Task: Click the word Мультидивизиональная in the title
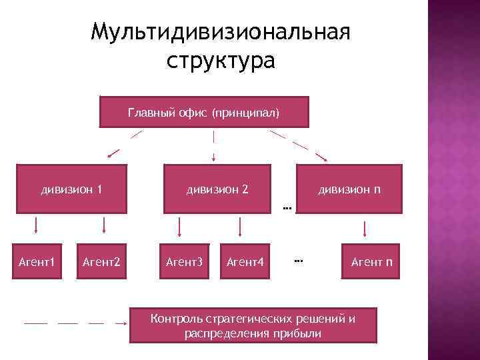221,32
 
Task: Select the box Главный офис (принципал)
204,113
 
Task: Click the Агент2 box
101,261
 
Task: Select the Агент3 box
183,261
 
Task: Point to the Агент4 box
245,261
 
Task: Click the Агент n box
371,261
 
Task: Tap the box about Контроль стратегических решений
253,325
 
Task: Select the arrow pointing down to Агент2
103,225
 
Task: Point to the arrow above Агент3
179,227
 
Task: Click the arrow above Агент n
365,229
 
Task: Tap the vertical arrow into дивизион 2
213,147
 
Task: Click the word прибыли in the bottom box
297,333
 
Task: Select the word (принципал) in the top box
245,113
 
